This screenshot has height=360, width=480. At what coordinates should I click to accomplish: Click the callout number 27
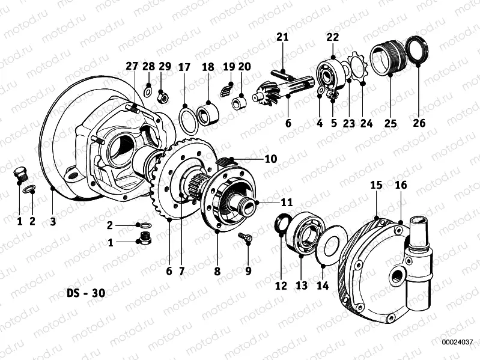(132, 67)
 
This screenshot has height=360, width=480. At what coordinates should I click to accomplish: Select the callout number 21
(282, 37)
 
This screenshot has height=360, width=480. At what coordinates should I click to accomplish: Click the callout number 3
(53, 221)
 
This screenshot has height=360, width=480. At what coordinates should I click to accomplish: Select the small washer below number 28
(148, 92)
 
